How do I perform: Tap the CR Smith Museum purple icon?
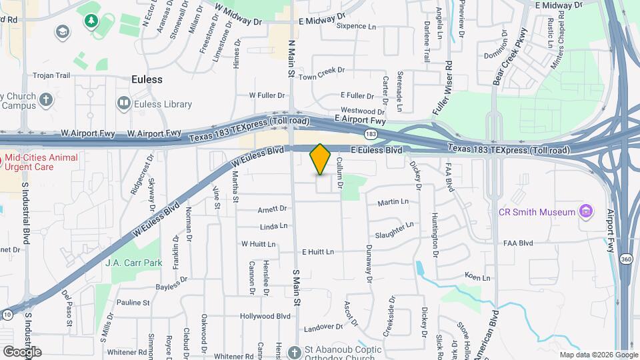[x=587, y=212]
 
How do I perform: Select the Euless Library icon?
[x=123, y=103]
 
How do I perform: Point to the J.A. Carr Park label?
[x=133, y=263]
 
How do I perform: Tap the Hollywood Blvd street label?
[x=265, y=315]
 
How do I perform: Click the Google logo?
[x=22, y=351]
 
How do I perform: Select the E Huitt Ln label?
[x=317, y=252]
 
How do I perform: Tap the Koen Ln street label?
[x=477, y=277]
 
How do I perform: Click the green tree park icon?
[x=90, y=21]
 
